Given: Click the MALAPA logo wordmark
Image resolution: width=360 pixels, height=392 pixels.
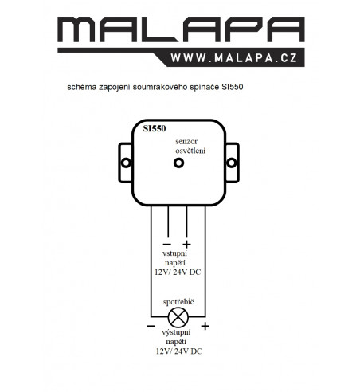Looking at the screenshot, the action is (x=181, y=29).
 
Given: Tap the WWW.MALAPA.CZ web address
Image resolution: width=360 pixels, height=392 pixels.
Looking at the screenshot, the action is (x=234, y=58).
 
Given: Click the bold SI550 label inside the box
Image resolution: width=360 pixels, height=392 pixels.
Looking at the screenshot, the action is (x=155, y=128).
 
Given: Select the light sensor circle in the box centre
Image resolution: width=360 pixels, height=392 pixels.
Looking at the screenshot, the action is (x=178, y=163).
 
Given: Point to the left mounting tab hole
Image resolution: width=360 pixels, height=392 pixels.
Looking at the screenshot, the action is (x=126, y=163).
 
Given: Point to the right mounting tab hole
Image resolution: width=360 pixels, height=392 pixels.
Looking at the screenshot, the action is (x=232, y=163).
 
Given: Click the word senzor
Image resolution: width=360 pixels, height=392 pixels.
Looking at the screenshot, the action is (x=186, y=142).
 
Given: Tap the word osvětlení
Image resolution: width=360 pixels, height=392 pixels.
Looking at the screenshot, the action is (x=190, y=151).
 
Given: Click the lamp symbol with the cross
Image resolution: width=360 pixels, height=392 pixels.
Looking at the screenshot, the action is (x=178, y=317).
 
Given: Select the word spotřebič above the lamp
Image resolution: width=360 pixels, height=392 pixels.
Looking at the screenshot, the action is (x=178, y=302).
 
